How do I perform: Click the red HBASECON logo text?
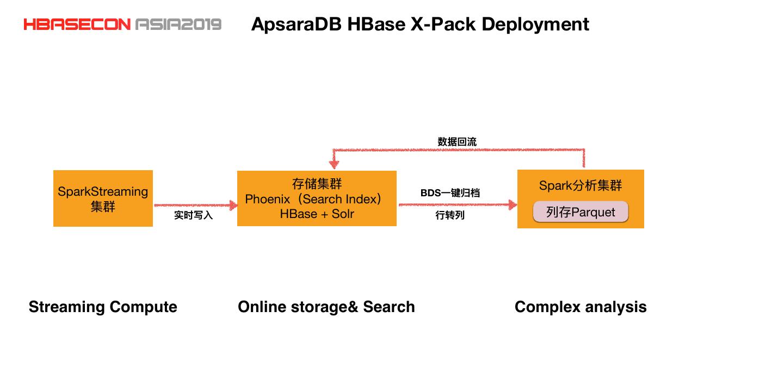click(x=77, y=24)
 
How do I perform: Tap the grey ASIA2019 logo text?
click(x=178, y=24)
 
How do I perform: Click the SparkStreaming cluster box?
click(x=103, y=198)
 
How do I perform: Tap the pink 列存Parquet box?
click(x=581, y=212)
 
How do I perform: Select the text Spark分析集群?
click(x=581, y=186)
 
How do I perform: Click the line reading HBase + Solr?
click(x=317, y=214)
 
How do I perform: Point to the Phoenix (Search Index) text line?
click(x=314, y=199)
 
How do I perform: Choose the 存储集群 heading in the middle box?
click(x=317, y=184)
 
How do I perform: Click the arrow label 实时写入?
click(x=193, y=215)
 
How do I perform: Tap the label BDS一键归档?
click(x=450, y=193)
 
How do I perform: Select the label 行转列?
click(x=450, y=215)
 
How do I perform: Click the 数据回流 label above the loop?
click(x=457, y=142)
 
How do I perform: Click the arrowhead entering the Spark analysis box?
click(x=511, y=204)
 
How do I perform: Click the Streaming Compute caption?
click(x=103, y=307)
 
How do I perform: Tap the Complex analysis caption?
click(x=581, y=307)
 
